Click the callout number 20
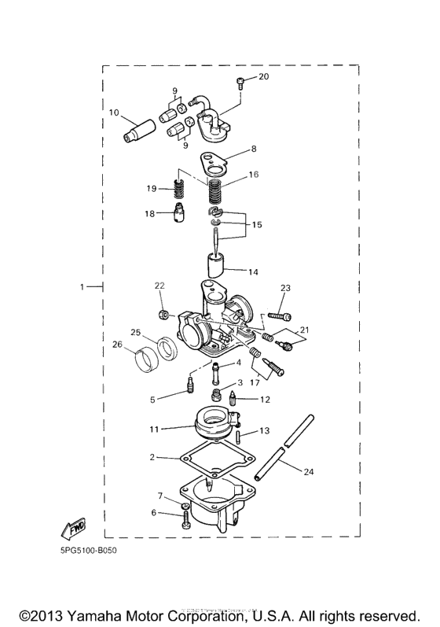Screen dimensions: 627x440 pos(263,76)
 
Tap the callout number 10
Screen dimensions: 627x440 pos(114,113)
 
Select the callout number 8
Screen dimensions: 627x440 pos(254,148)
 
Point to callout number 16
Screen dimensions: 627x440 pos(253,175)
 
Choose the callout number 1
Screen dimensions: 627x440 pos(82,288)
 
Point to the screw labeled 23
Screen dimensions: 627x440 pos(279,315)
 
